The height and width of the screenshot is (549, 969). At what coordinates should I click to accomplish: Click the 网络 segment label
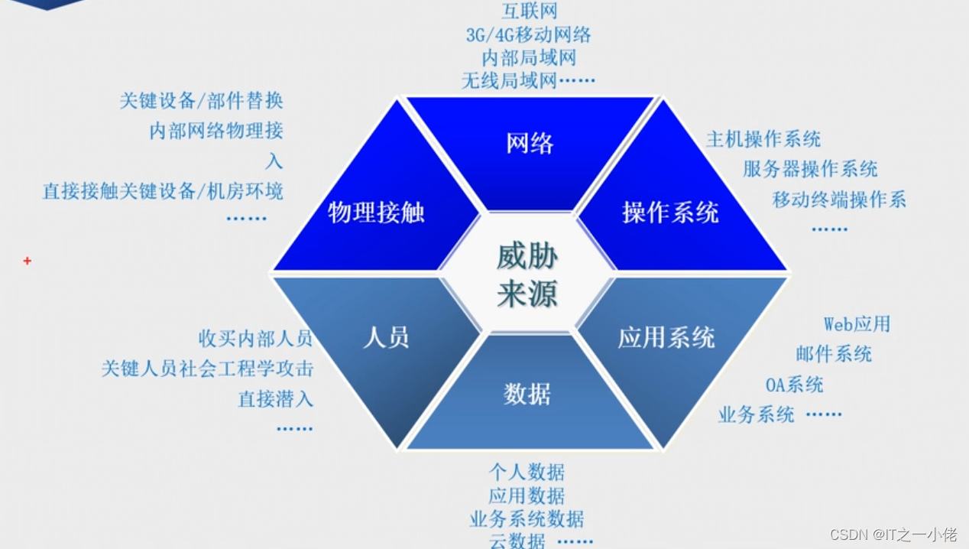coord(530,143)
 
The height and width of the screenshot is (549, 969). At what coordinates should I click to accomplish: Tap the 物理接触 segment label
coord(376,212)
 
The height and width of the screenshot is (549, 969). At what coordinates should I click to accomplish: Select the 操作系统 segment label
coord(670,212)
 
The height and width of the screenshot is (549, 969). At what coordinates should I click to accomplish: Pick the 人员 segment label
coord(386,337)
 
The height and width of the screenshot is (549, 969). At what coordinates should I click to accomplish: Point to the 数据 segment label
coord(527,394)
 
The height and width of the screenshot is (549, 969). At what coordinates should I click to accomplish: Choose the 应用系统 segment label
coord(666,337)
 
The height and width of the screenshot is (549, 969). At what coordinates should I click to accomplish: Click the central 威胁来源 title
coord(527,275)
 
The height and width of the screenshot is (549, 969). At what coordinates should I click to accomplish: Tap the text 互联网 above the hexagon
coord(529,11)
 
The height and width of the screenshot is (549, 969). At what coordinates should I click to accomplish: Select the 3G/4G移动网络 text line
coord(528,34)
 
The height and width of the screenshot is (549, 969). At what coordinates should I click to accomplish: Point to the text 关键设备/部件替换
coord(201,100)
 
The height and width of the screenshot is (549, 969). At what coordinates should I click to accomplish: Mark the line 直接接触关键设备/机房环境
coord(163,191)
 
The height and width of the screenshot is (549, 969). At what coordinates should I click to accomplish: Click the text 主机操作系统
coord(763,139)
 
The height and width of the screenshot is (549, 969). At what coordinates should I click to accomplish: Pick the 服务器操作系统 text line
coord(810,169)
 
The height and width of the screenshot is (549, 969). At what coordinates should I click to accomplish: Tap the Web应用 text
coord(857,324)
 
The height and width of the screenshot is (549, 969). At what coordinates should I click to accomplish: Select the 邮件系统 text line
coord(833,354)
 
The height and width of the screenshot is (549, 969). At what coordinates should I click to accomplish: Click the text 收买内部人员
coord(255,338)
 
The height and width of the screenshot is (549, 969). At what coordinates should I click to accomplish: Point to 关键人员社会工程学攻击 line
coord(207,369)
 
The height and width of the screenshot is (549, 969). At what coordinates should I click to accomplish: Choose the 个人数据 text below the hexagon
coord(527,472)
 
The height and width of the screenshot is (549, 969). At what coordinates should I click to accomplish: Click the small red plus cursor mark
coord(28,262)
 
